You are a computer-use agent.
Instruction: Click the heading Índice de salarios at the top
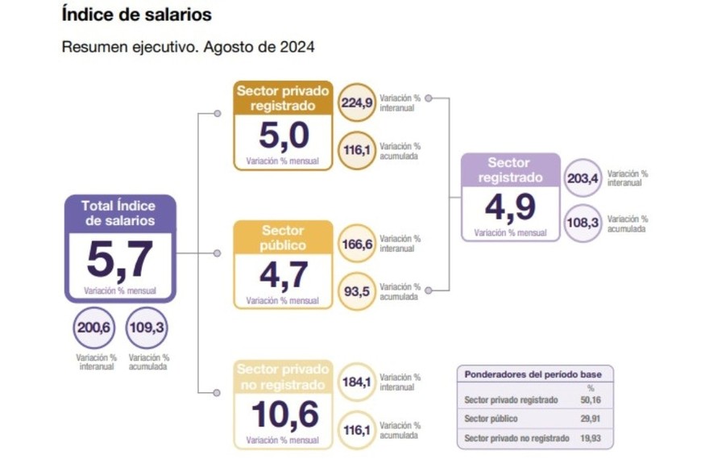pyautogui.click(x=136, y=15)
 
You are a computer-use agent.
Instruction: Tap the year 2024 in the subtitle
pyautogui.click(x=295, y=46)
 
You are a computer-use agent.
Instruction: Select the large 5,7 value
pyautogui.click(x=119, y=259)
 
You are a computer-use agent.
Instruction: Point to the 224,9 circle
pyautogui.click(x=357, y=102)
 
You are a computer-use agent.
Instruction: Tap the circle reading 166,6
pyautogui.click(x=357, y=244)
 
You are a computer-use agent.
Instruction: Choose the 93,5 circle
pyautogui.click(x=357, y=291)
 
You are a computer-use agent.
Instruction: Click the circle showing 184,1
pyautogui.click(x=357, y=382)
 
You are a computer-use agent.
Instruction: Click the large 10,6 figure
pyautogui.click(x=284, y=415)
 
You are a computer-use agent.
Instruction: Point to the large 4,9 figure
pyautogui.click(x=510, y=207)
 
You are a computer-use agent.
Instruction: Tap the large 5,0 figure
pyautogui.click(x=284, y=136)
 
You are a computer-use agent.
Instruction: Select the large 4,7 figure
pyautogui.click(x=284, y=276)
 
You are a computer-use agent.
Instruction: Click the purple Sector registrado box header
pyautogui.click(x=510, y=170)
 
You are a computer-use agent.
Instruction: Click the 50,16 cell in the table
pyautogui.click(x=590, y=400)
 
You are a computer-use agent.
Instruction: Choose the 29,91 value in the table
pyautogui.click(x=590, y=419)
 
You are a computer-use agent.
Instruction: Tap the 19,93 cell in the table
pyautogui.click(x=590, y=438)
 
